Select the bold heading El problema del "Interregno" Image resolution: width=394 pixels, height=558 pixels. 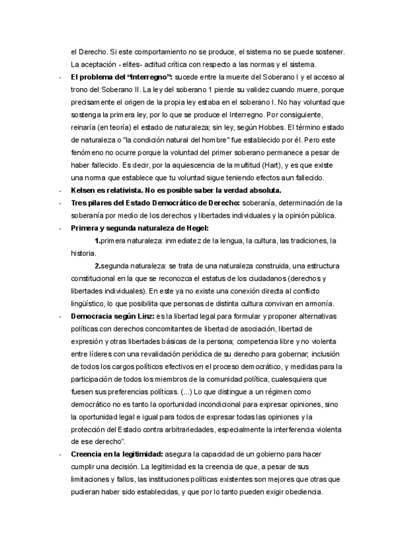tap(121, 77)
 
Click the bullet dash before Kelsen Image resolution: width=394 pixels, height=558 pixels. tap(60, 190)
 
